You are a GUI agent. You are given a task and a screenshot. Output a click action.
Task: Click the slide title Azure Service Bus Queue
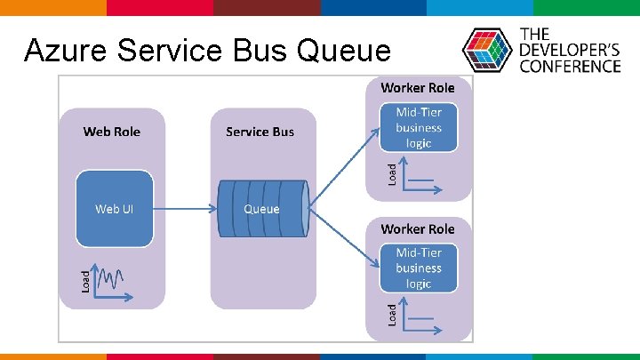point(207,52)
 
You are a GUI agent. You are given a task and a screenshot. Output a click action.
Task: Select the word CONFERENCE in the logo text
point(570,66)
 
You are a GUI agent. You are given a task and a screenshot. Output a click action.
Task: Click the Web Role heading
point(112,132)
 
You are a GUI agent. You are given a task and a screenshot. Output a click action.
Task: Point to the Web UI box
point(113,209)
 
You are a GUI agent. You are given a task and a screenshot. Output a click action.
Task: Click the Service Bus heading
point(260,132)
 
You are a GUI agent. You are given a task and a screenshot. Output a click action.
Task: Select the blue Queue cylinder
point(262,209)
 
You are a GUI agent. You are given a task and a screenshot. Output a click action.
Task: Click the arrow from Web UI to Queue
point(183,209)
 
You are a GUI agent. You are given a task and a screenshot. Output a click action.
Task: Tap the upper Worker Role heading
point(417,87)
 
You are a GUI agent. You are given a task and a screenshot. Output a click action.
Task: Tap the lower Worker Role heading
point(417,228)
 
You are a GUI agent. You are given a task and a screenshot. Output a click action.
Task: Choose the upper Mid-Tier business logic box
point(418,127)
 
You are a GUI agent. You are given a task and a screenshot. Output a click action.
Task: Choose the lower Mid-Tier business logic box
point(418,268)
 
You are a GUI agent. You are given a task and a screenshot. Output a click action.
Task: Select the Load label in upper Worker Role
point(392,172)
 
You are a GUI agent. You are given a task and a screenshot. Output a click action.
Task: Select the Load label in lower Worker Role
point(392,314)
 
